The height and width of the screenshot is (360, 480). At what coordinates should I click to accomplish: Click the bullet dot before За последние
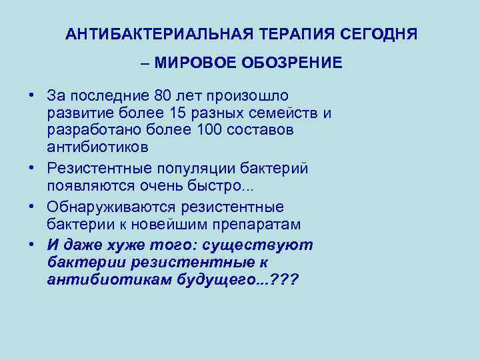(x=31, y=95)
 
